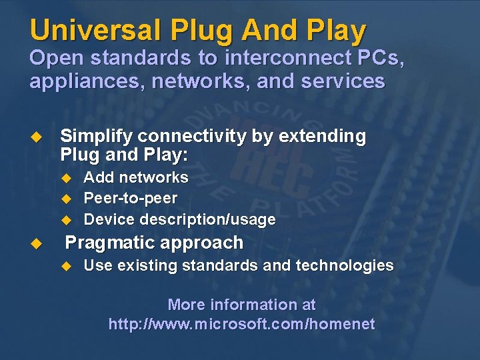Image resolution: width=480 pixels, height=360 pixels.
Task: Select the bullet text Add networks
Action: [136, 177]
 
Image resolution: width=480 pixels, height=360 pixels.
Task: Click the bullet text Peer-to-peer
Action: [131, 198]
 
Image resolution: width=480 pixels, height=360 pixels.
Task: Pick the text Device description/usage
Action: [179, 219]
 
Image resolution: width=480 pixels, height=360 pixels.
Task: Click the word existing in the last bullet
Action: [147, 265]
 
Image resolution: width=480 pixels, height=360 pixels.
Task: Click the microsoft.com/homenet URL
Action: [242, 325]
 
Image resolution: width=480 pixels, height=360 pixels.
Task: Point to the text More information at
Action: [242, 305]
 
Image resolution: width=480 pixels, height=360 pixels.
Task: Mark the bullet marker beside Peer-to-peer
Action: [65, 199]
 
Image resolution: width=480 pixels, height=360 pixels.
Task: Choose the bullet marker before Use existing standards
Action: [65, 266]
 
